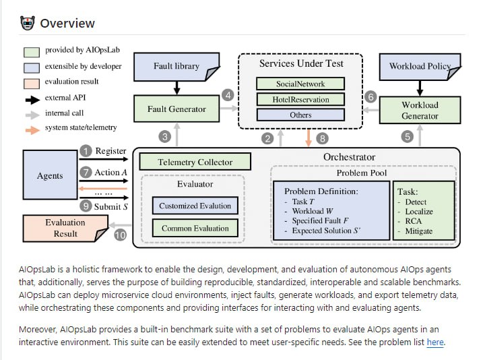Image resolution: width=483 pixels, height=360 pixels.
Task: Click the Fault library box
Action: [x=176, y=66]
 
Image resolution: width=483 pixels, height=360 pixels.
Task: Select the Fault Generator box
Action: [x=176, y=109]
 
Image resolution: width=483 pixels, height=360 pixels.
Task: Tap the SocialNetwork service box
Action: [x=300, y=84]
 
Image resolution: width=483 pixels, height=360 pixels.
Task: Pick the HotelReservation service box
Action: [x=300, y=100]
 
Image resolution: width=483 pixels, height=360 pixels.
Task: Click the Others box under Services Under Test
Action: [x=300, y=115]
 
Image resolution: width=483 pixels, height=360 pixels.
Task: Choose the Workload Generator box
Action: [x=419, y=111]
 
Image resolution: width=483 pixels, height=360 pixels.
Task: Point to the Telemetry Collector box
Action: [x=195, y=162]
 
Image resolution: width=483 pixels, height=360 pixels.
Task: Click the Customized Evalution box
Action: [x=195, y=206]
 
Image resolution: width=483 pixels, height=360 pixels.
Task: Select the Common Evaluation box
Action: [x=195, y=229]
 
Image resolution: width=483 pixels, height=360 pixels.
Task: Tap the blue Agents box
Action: [x=50, y=176]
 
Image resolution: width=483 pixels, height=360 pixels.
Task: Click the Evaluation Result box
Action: [x=65, y=228]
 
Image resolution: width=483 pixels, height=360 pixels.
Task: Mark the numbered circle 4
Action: [x=228, y=95]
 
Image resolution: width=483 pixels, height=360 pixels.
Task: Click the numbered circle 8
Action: [x=323, y=139]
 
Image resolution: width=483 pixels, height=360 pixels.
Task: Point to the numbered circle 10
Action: [x=120, y=235]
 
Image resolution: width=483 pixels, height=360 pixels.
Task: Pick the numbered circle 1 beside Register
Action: [x=86, y=150]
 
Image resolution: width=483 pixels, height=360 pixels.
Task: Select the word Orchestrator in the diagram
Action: [x=349, y=156]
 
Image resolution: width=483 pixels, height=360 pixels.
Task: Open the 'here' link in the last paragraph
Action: [x=435, y=342]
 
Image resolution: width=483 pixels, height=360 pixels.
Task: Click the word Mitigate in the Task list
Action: [x=419, y=231]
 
